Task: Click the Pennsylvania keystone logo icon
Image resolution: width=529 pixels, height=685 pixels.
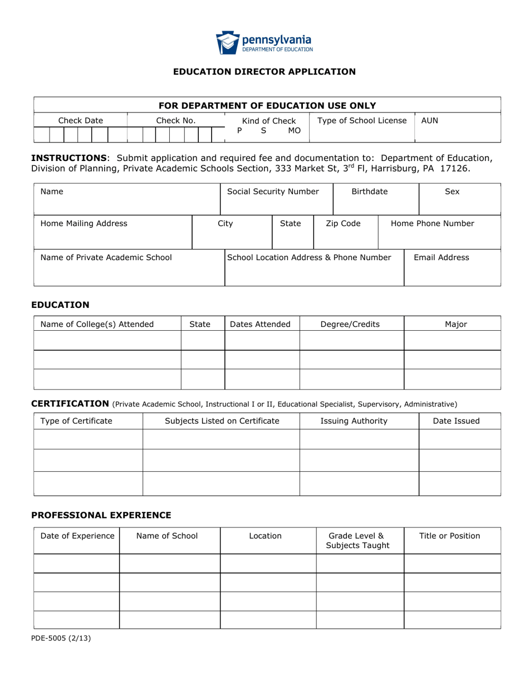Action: coord(227,42)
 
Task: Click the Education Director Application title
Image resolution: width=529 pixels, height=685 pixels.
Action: coord(264,71)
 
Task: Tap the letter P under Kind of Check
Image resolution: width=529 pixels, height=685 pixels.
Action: coord(239,131)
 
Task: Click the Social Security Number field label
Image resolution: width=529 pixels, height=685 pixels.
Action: coord(273,192)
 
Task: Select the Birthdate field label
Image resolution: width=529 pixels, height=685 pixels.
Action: coord(369,192)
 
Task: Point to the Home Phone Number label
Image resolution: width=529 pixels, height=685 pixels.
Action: coord(433,224)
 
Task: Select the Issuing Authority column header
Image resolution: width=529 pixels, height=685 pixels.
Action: coord(354,421)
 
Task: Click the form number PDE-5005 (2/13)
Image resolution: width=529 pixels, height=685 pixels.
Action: coord(61,639)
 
